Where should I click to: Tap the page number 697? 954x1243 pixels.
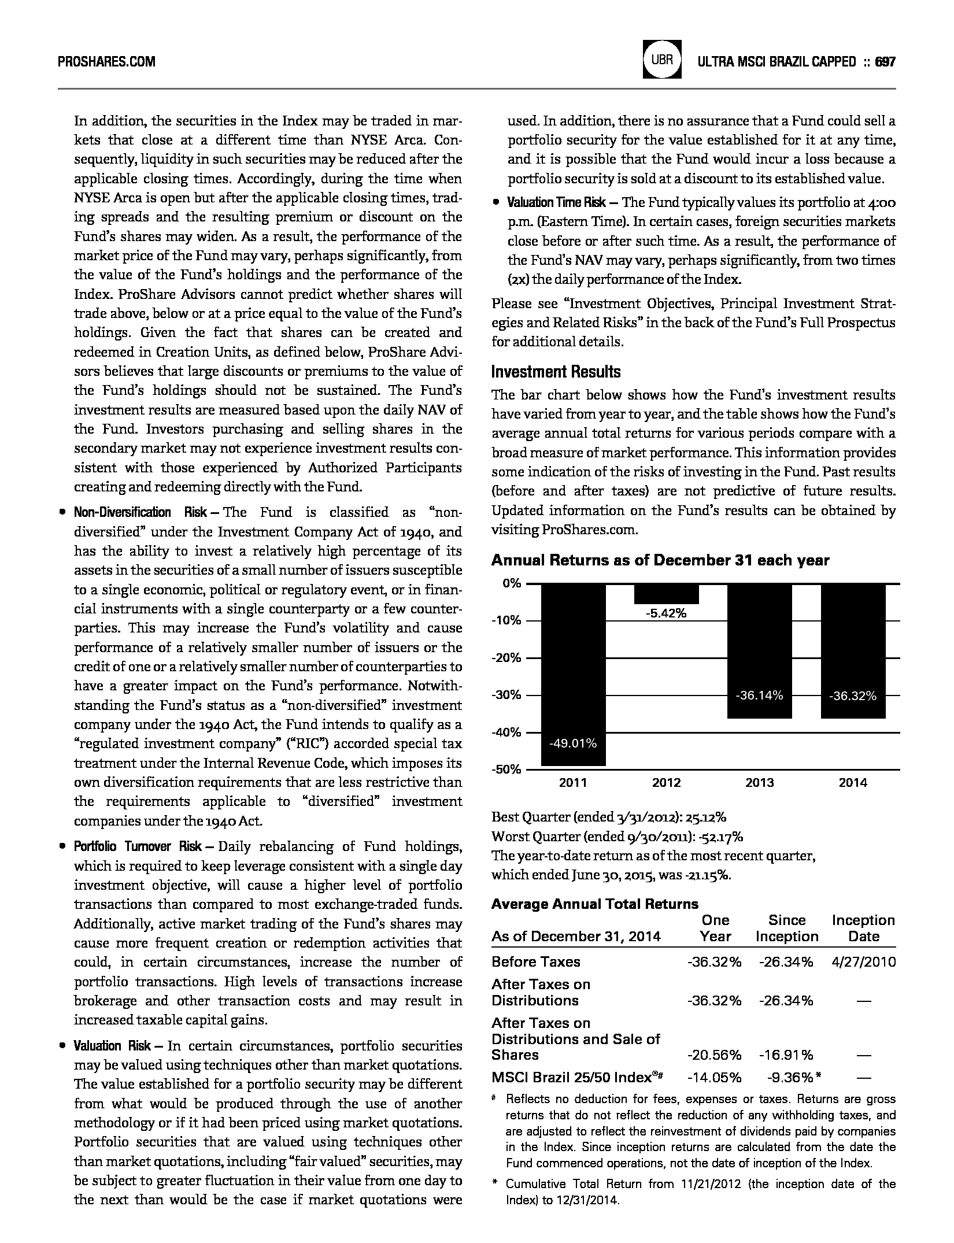coord(885,62)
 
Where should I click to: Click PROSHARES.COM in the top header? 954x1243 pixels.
coord(107,62)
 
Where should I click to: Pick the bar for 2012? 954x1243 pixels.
coord(666,594)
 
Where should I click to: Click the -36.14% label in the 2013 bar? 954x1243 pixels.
coord(759,696)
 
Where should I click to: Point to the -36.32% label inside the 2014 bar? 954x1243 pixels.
coord(853,696)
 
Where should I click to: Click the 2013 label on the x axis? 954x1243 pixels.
coord(759,783)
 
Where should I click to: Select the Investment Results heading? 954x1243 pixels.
coord(556,372)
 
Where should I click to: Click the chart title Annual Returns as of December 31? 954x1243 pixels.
coord(660,560)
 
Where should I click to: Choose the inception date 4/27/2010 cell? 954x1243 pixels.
coord(863,962)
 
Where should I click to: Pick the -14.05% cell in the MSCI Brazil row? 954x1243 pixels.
coord(714,1078)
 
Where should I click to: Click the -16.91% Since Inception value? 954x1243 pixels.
coord(786,1055)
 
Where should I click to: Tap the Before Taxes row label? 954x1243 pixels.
coord(535,962)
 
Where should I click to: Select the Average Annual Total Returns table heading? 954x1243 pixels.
coord(594,904)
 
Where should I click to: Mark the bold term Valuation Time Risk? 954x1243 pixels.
coord(556,202)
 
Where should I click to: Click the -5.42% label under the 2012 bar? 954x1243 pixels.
coord(666,613)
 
